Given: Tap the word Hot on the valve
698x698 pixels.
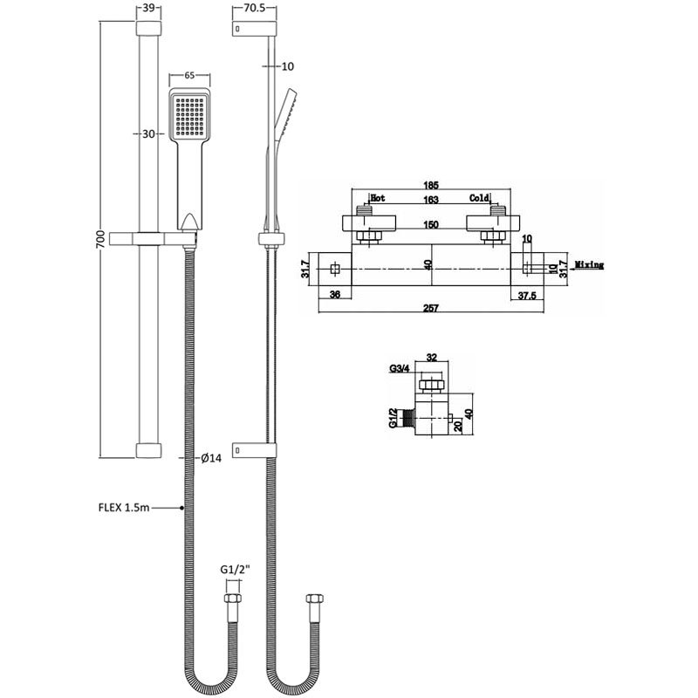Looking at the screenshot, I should [379, 198].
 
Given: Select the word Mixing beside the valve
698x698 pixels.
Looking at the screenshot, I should [589, 264].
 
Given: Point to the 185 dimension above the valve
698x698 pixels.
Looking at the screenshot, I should [431, 185].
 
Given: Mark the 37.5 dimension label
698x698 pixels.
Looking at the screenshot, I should [526, 295].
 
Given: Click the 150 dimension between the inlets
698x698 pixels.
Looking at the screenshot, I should [431, 224].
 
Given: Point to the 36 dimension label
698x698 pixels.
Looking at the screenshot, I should [336, 295].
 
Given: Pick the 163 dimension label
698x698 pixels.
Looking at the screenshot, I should [431, 199].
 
